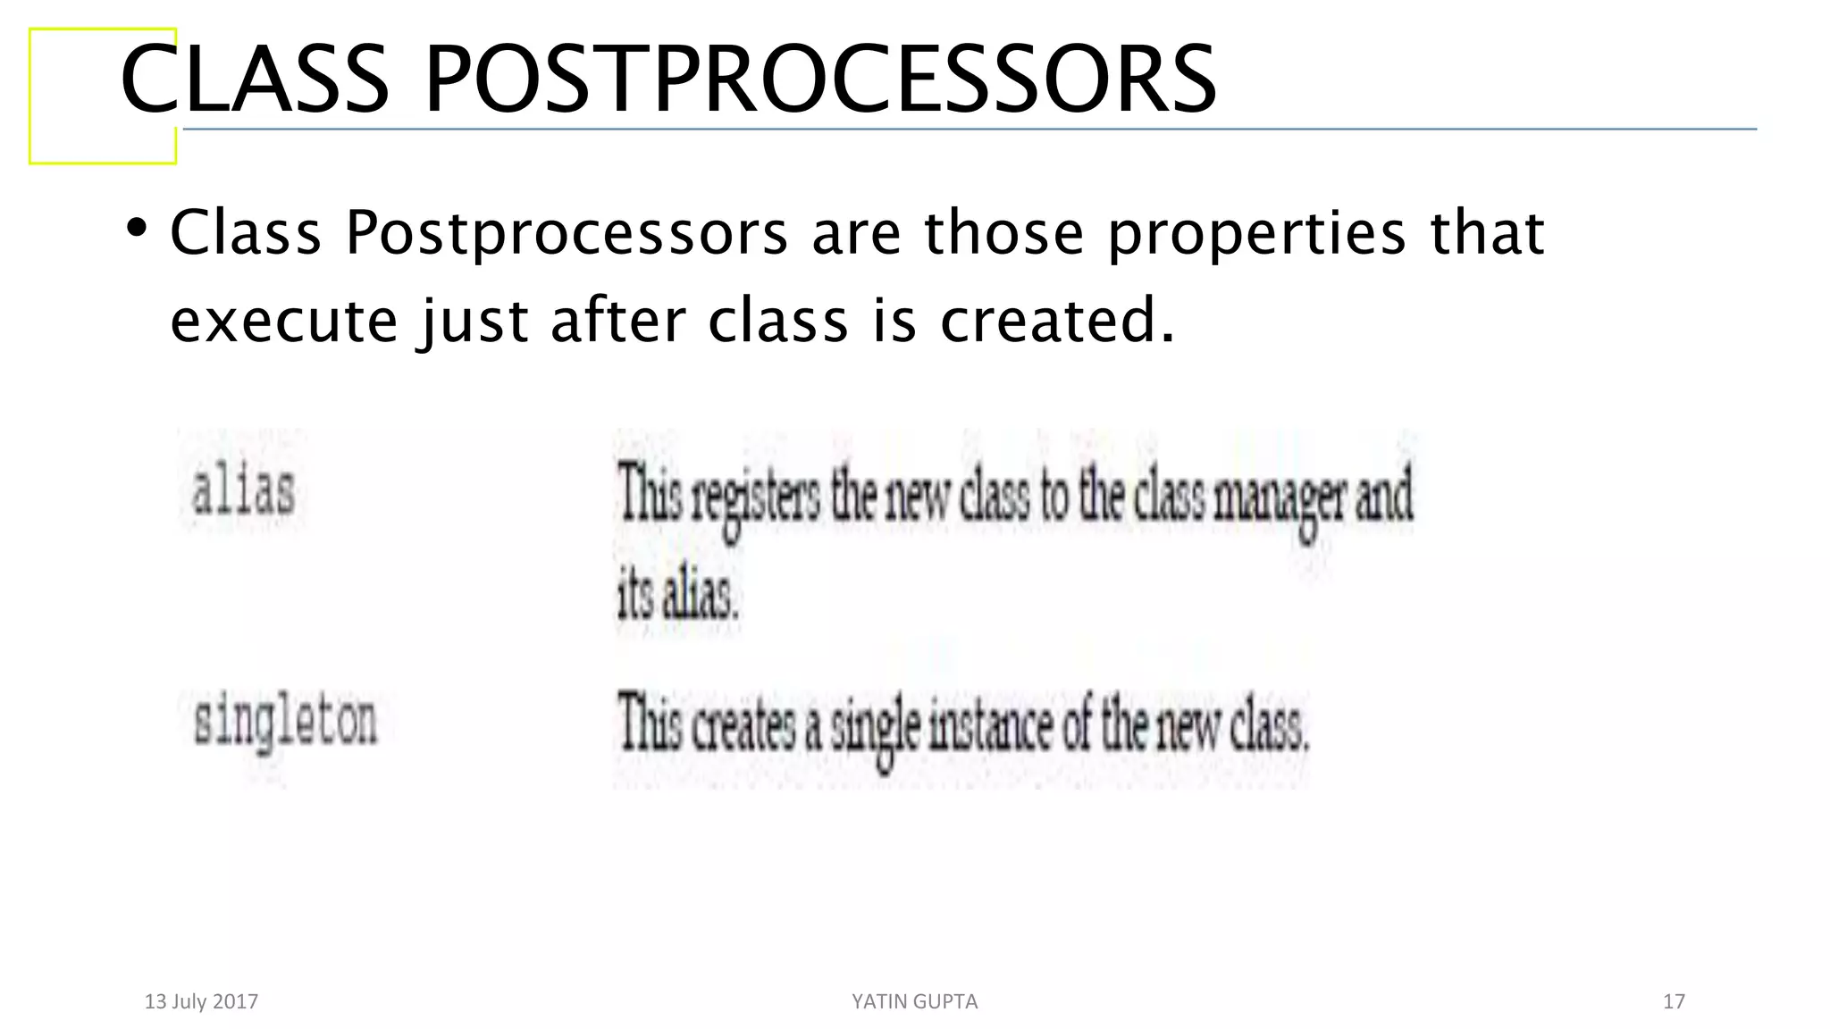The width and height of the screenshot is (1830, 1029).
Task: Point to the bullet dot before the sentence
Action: click(136, 229)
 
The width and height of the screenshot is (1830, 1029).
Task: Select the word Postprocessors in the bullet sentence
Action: click(567, 234)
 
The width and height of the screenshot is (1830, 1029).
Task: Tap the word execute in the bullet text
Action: click(283, 322)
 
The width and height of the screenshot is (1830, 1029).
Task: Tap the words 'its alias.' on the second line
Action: click(677, 596)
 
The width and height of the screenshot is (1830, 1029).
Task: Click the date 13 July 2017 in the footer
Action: click(201, 1001)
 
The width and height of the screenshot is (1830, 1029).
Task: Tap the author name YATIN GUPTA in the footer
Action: click(914, 1001)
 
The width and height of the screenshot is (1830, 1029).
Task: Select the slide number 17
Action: click(1674, 1001)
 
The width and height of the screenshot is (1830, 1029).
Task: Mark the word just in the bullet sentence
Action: click(474, 322)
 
